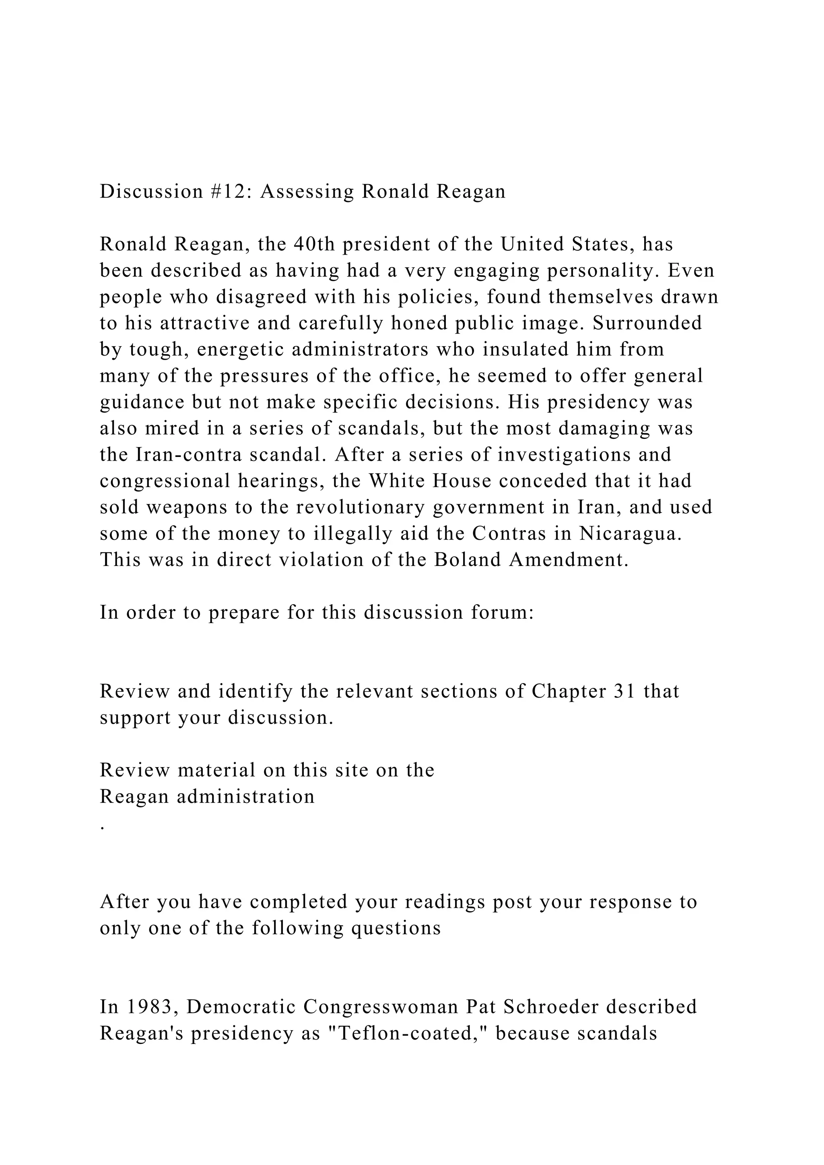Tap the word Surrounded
(647, 323)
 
